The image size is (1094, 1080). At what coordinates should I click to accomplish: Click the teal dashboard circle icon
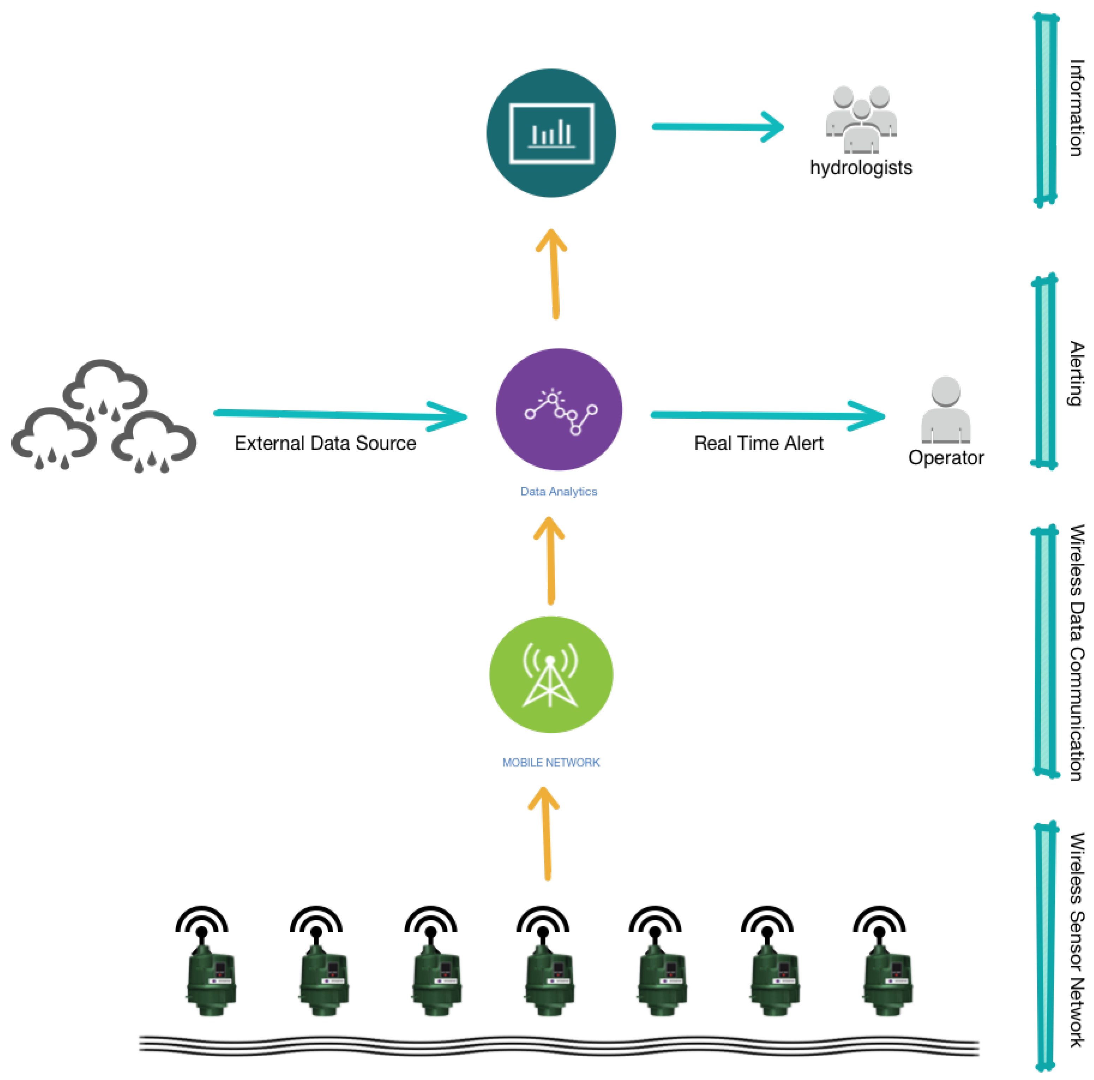tap(551, 133)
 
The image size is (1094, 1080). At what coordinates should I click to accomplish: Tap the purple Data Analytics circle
tap(559, 409)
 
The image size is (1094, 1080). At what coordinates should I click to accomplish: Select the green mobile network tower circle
tap(551, 674)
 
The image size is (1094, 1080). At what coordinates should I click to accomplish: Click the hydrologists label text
tap(861, 168)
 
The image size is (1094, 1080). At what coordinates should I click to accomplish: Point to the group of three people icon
tap(861, 119)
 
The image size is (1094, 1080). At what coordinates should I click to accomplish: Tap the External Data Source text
tap(325, 443)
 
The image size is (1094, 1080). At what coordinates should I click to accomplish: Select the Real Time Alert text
tap(758, 443)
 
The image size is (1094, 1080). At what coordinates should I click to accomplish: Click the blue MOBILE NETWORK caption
tap(551, 762)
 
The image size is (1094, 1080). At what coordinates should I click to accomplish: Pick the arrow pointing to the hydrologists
tap(718, 126)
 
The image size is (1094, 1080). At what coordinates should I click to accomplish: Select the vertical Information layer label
tap(1076, 108)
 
